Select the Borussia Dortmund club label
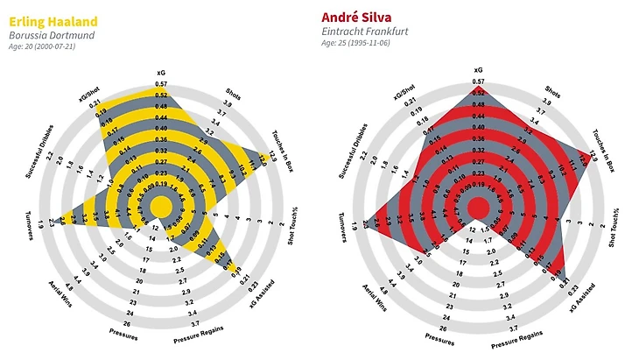coord(53,35)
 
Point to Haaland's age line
coord(42,47)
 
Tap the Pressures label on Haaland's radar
coord(123,333)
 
